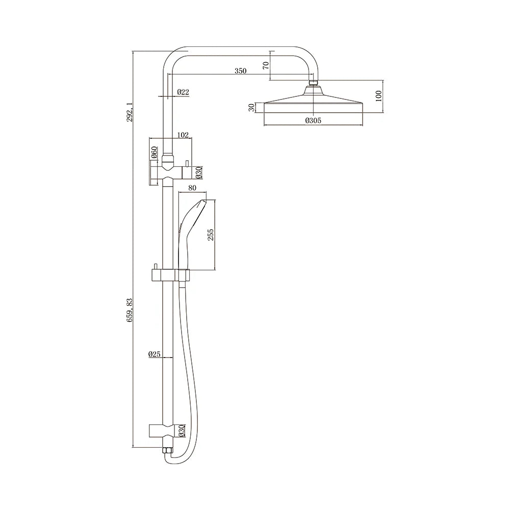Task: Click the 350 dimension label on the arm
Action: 240,71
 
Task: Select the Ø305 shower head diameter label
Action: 313,120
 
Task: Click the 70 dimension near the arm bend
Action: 265,65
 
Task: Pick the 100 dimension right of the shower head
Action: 378,96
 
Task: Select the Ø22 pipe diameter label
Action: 183,92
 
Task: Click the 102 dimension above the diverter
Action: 183,135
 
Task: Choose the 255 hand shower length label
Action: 210,234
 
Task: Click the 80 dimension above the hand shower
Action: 192,188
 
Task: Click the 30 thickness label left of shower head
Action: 251,108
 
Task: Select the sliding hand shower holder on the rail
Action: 170,275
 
